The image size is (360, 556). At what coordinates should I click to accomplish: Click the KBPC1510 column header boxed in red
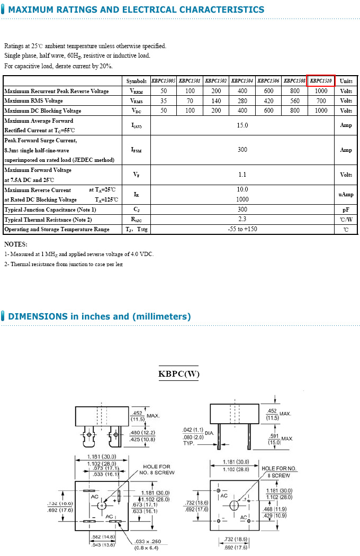click(x=321, y=81)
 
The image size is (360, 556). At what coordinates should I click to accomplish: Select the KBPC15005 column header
click(x=164, y=81)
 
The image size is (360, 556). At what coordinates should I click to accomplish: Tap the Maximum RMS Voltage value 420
click(x=268, y=101)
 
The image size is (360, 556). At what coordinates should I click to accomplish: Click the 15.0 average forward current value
click(x=242, y=125)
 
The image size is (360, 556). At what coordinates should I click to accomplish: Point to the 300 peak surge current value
click(x=242, y=150)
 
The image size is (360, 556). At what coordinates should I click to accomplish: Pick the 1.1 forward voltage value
click(x=242, y=175)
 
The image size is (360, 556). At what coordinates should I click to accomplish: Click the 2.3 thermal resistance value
click(x=242, y=219)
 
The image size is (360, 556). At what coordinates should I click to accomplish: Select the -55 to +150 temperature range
click(x=242, y=229)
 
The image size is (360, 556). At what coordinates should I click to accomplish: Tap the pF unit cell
click(x=346, y=209)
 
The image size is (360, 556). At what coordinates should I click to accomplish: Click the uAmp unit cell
click(x=346, y=195)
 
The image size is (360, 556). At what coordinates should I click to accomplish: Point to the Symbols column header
click(x=137, y=81)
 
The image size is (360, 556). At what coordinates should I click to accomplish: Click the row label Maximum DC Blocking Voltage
click(x=43, y=111)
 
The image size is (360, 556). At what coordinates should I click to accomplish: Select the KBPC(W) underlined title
click(x=179, y=374)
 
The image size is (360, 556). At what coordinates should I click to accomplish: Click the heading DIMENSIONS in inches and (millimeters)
click(x=100, y=316)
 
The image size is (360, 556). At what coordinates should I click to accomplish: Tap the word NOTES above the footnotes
click(x=16, y=244)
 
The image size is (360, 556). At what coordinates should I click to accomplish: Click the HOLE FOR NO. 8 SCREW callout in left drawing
click(x=157, y=470)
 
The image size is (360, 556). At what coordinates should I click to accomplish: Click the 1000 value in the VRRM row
click(x=321, y=91)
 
